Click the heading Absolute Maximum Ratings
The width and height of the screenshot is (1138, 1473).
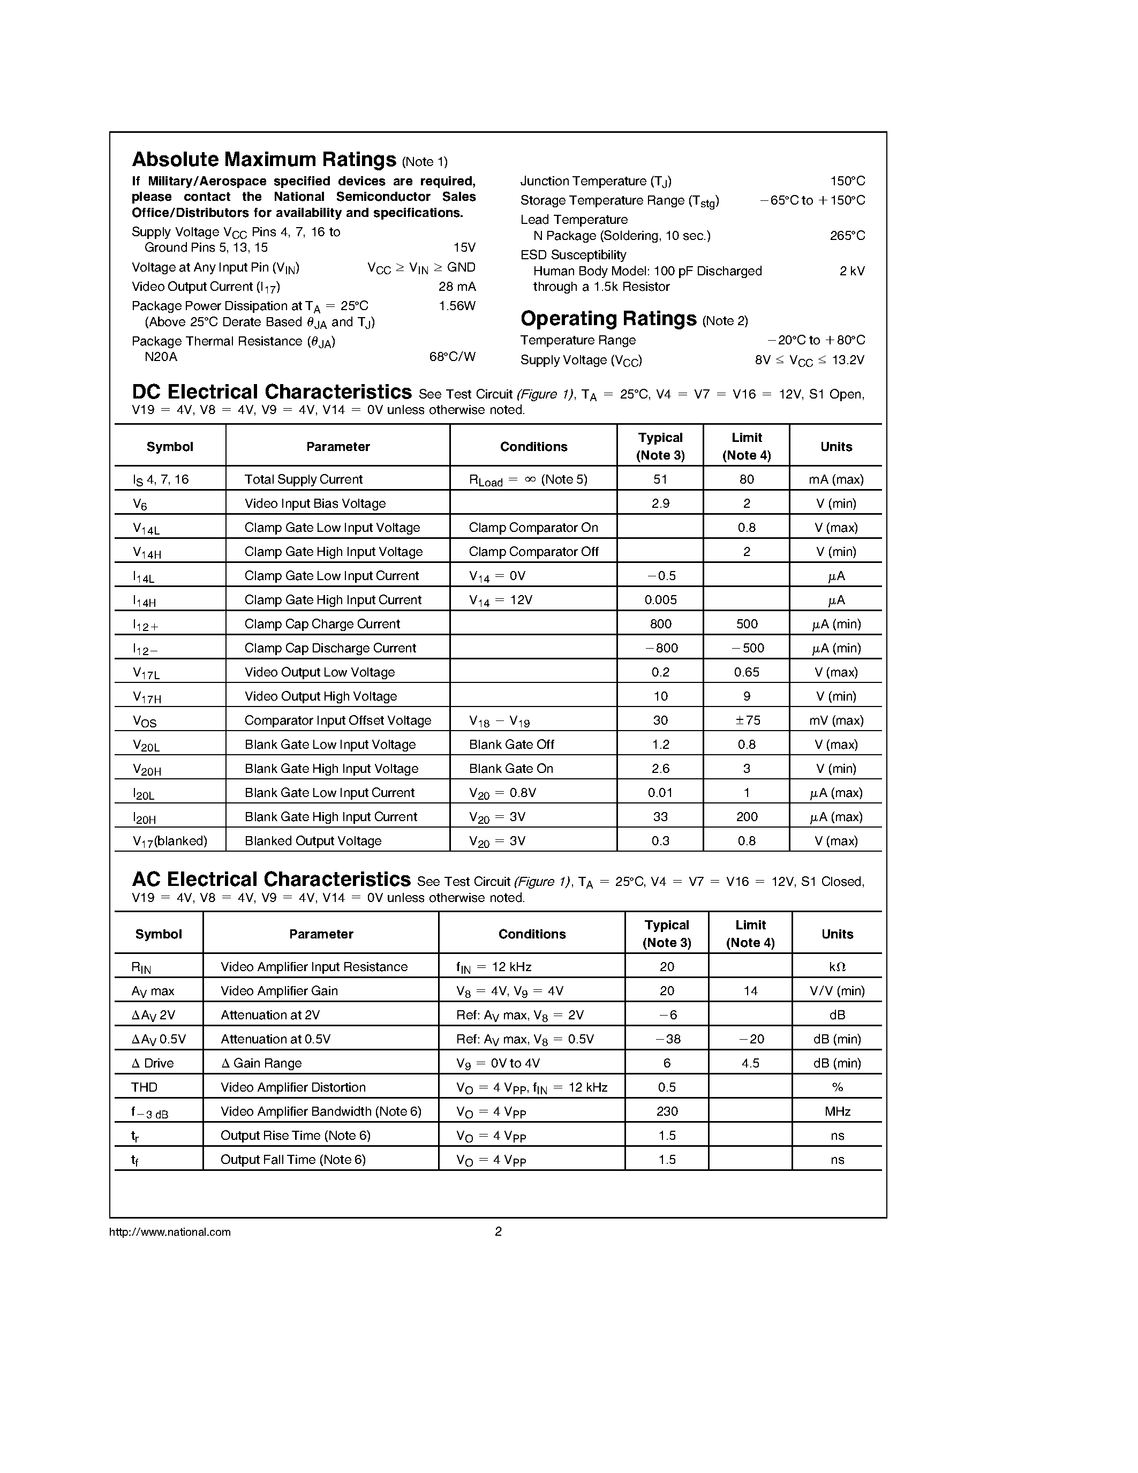tap(263, 160)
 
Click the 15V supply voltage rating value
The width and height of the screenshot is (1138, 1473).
tap(464, 247)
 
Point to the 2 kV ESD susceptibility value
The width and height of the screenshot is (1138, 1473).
tap(851, 271)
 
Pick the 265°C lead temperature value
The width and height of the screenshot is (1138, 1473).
tap(847, 236)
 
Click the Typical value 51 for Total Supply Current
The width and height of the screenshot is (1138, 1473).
tap(660, 479)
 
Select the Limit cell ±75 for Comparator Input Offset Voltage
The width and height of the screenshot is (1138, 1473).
tap(747, 720)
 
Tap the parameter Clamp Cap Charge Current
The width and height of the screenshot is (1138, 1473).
tap(322, 624)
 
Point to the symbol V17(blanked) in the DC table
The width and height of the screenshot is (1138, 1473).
tap(170, 841)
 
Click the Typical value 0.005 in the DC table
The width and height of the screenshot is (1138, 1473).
tap(660, 599)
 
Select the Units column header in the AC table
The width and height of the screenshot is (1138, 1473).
tap(836, 934)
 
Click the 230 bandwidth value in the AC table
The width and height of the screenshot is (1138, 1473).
tap(667, 1111)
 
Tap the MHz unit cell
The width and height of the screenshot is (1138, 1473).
tap(836, 1111)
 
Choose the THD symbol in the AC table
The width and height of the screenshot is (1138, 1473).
tap(144, 1087)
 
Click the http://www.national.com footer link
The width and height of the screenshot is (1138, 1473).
tap(170, 1231)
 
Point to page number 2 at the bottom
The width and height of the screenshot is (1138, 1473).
tap(498, 1231)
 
